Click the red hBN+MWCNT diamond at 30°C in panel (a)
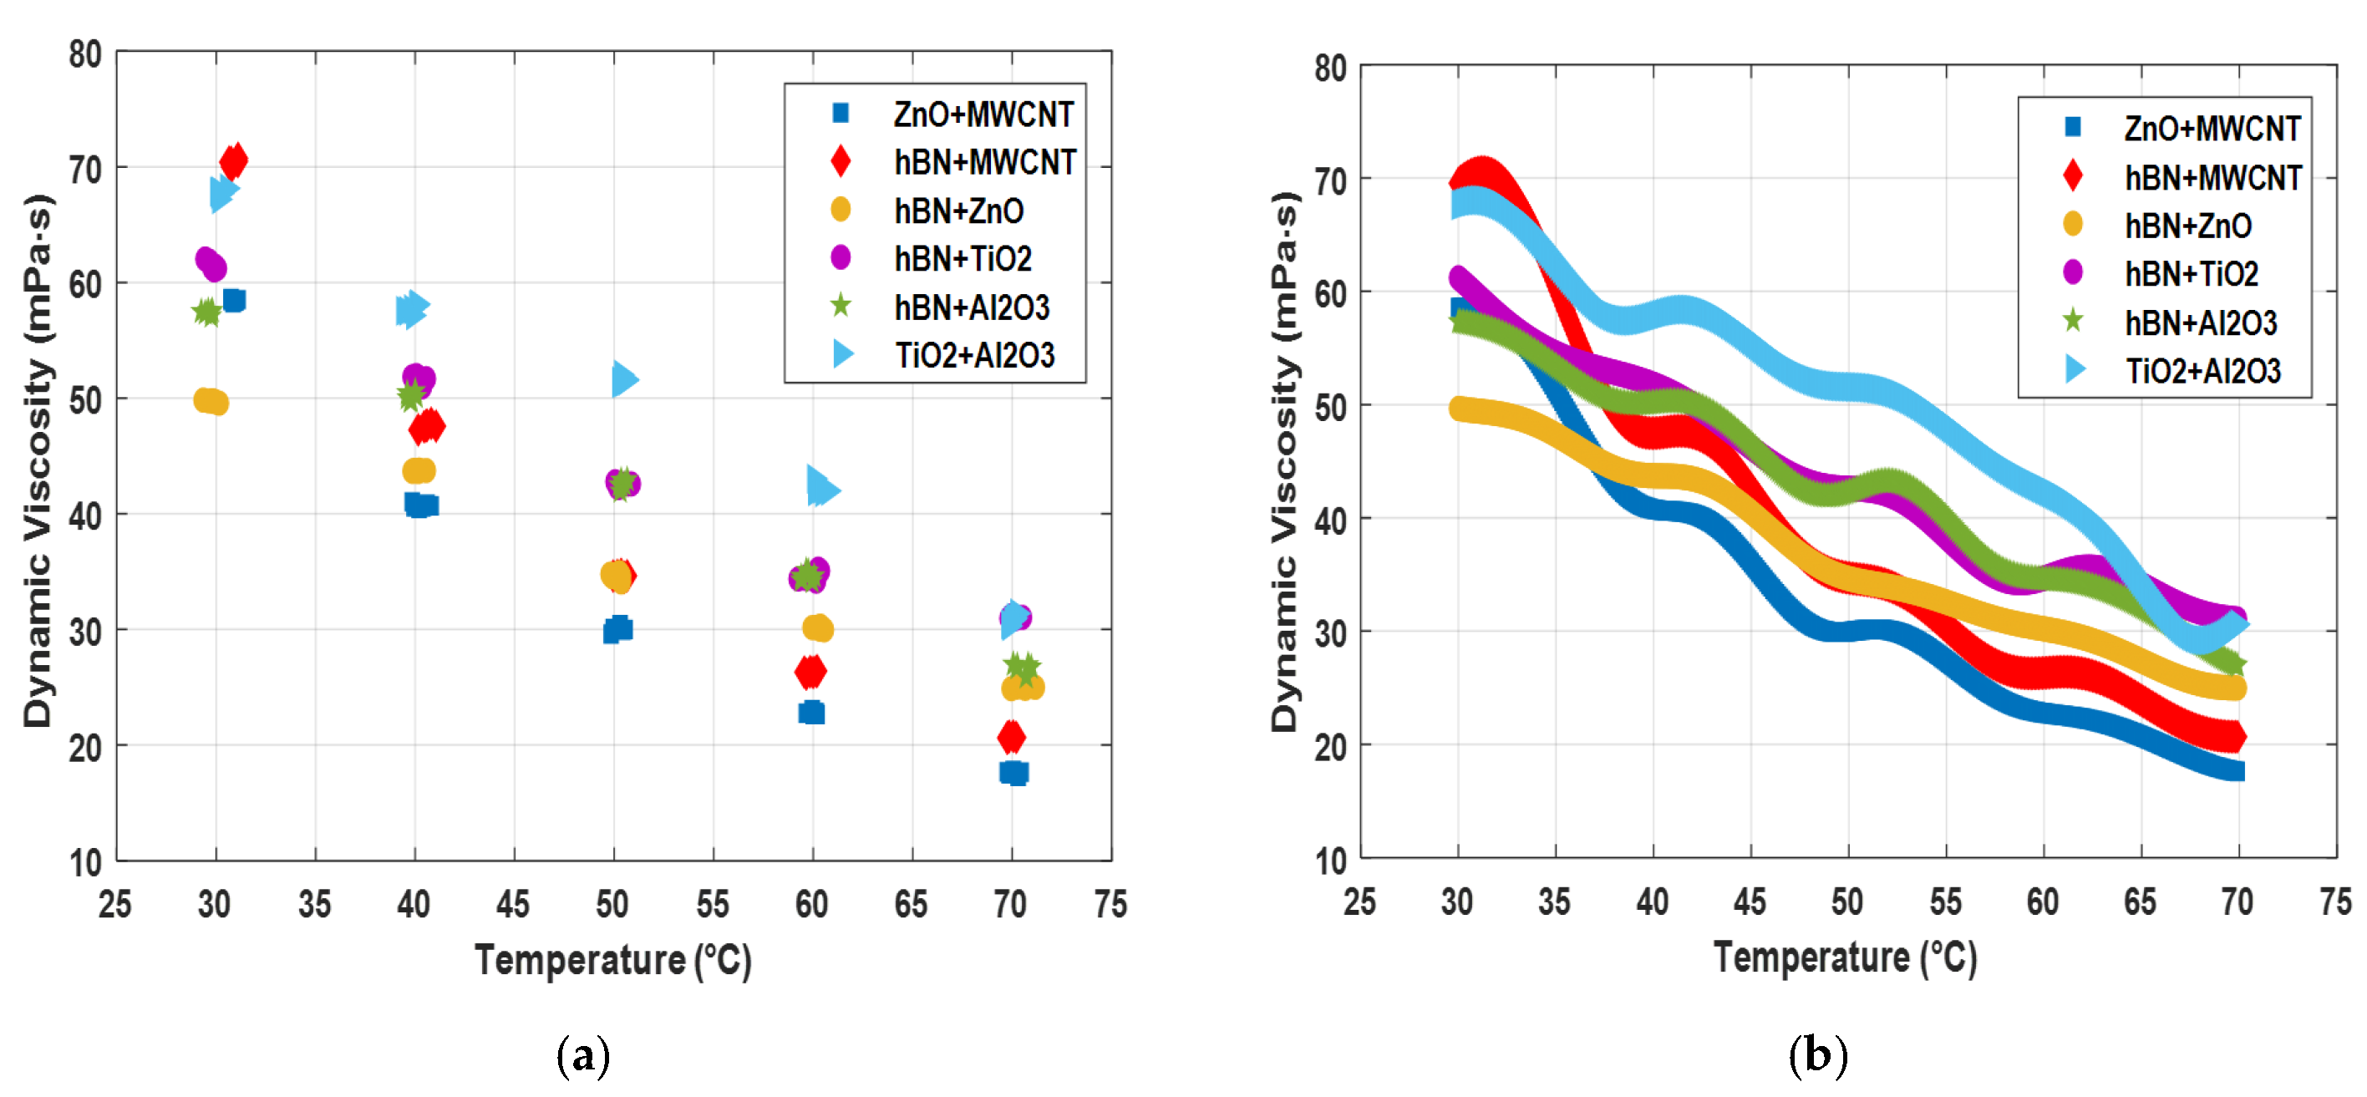(233, 160)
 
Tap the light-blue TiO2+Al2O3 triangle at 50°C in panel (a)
(624, 378)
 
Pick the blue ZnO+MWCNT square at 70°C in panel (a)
(1013, 773)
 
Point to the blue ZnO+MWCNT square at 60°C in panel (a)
(811, 712)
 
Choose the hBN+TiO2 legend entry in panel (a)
(962, 259)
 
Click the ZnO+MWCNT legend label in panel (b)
(2212, 129)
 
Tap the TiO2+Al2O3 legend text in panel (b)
(2202, 371)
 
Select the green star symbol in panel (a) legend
(840, 306)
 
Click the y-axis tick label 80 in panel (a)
(85, 54)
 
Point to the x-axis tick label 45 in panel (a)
(513, 905)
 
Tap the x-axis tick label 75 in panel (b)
(2335, 902)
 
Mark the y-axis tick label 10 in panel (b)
(1330, 861)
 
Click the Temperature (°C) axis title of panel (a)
(613, 960)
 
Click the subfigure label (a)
(582, 1057)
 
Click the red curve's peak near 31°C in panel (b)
(1481, 172)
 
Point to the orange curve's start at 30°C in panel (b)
(1461, 409)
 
